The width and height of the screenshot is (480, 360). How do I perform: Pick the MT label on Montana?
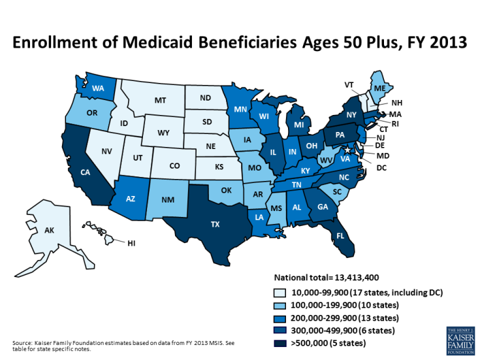160,101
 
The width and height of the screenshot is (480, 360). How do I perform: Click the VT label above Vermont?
349,85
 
